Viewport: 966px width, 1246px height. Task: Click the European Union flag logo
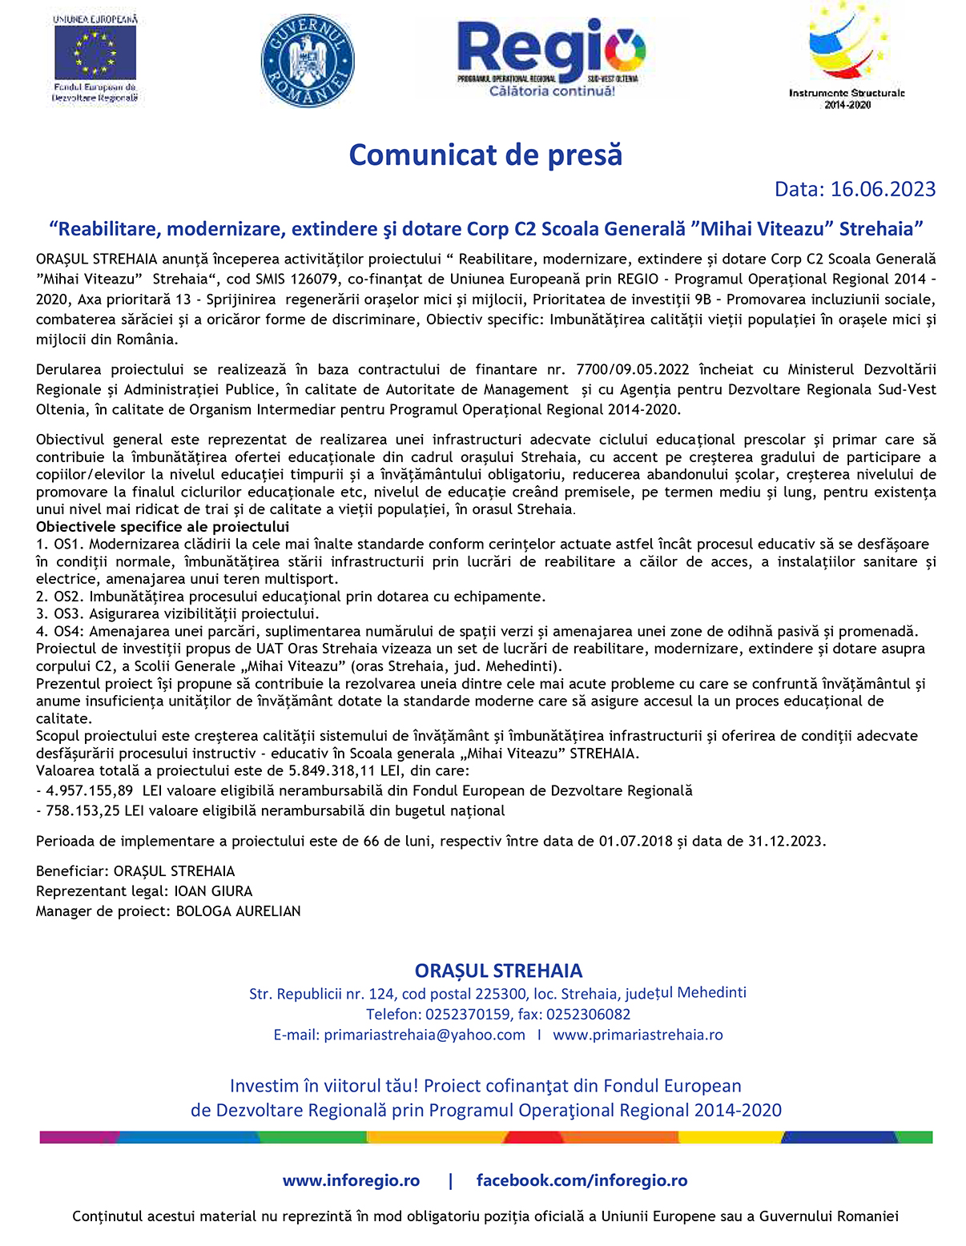coord(95,53)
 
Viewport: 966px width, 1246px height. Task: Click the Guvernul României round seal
coord(308,61)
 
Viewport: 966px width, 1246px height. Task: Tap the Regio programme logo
coord(551,57)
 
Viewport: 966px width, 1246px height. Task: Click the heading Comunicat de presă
coord(485,155)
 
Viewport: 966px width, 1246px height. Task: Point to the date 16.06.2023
coord(883,189)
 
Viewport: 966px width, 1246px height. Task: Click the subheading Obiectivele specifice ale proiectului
coord(163,527)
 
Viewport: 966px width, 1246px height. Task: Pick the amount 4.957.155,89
coord(90,791)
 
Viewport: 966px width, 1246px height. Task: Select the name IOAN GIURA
coord(213,891)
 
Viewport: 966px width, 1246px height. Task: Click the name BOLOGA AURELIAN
coord(238,911)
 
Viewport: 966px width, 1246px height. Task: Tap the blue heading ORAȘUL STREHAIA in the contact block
coord(498,971)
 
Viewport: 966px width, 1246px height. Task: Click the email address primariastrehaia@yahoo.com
coord(425,1035)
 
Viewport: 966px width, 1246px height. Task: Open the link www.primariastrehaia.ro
coord(638,1035)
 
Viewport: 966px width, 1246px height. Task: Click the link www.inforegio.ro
coord(351,1180)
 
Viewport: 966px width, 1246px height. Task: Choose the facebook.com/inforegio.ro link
coord(582,1180)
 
